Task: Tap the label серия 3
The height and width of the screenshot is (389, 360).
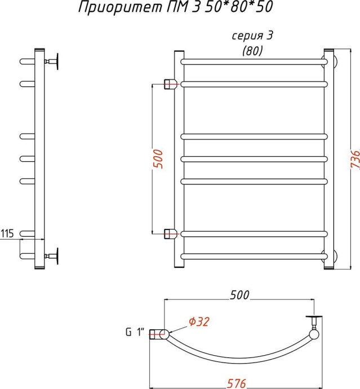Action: coord(252,36)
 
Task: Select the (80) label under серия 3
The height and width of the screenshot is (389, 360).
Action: coord(252,51)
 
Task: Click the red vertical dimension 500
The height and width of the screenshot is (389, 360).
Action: coord(158,159)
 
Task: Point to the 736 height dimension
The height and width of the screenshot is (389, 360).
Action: coord(355,160)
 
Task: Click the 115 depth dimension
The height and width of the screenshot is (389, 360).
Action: coord(7,233)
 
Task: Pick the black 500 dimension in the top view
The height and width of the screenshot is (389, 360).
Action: coord(239,295)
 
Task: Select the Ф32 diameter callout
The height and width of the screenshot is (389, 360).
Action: coord(199,322)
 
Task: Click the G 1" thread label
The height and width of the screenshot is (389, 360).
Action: coord(135,332)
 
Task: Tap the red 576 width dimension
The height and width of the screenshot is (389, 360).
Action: coord(236,383)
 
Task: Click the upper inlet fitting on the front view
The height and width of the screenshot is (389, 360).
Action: coord(170,84)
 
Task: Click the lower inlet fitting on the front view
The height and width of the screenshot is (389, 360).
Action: coord(170,234)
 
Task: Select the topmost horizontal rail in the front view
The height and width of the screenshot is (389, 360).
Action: coord(254,61)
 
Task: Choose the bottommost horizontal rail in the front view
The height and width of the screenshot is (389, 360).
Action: coord(254,257)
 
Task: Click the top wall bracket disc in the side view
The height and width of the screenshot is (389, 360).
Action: coord(57,61)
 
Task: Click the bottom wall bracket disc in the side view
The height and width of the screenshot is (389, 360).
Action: coord(57,256)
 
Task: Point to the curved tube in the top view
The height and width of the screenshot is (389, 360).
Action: coord(238,361)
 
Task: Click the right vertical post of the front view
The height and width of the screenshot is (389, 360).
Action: coord(329,159)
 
